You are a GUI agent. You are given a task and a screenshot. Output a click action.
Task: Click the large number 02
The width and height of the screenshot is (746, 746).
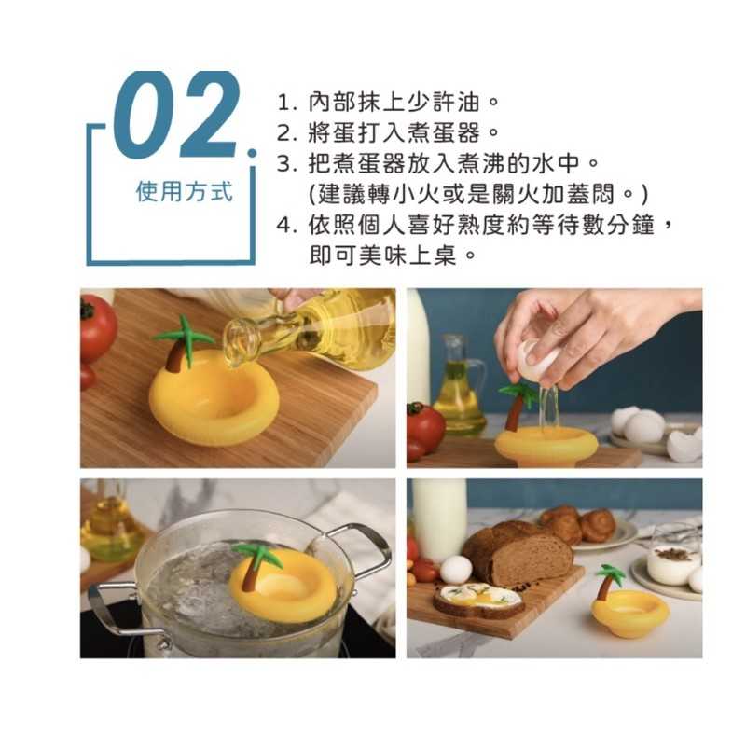[x=175, y=115]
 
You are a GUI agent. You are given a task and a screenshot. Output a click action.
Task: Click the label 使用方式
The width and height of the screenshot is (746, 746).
[x=185, y=192]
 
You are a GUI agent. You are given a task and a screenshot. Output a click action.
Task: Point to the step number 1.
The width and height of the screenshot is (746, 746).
[x=284, y=103]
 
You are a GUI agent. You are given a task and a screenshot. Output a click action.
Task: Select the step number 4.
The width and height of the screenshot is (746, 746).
[x=284, y=225]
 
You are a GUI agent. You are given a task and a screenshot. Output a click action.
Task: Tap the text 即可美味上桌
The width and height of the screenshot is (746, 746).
[x=382, y=256]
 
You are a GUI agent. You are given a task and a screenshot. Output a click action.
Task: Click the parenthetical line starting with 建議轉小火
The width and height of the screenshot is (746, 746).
[x=478, y=194]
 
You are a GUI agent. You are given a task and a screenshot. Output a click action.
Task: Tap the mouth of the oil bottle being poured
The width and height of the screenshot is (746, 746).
[x=237, y=342]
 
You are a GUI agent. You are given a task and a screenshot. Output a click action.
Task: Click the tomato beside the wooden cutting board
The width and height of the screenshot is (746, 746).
[x=97, y=329]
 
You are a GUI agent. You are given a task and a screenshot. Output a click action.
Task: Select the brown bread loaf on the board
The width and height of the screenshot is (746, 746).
[x=518, y=553]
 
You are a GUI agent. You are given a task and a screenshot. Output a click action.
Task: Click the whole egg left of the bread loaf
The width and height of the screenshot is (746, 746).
[x=455, y=569]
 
